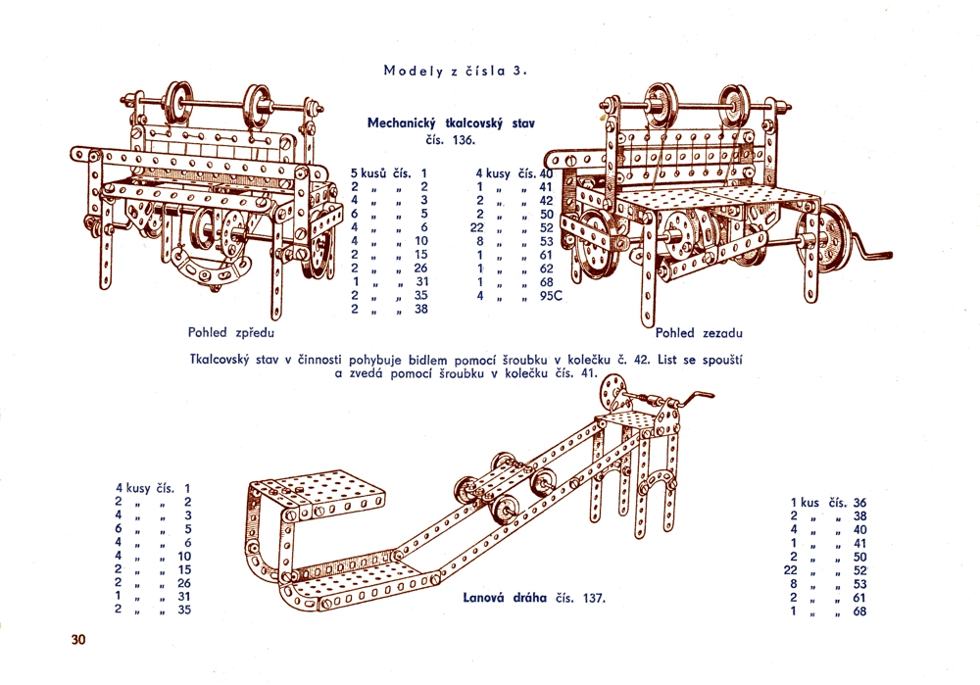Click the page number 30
(79, 640)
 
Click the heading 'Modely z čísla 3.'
(456, 71)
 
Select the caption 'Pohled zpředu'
(230, 332)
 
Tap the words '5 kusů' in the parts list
(369, 173)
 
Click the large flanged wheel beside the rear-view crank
(833, 235)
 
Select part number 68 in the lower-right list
(859, 612)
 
